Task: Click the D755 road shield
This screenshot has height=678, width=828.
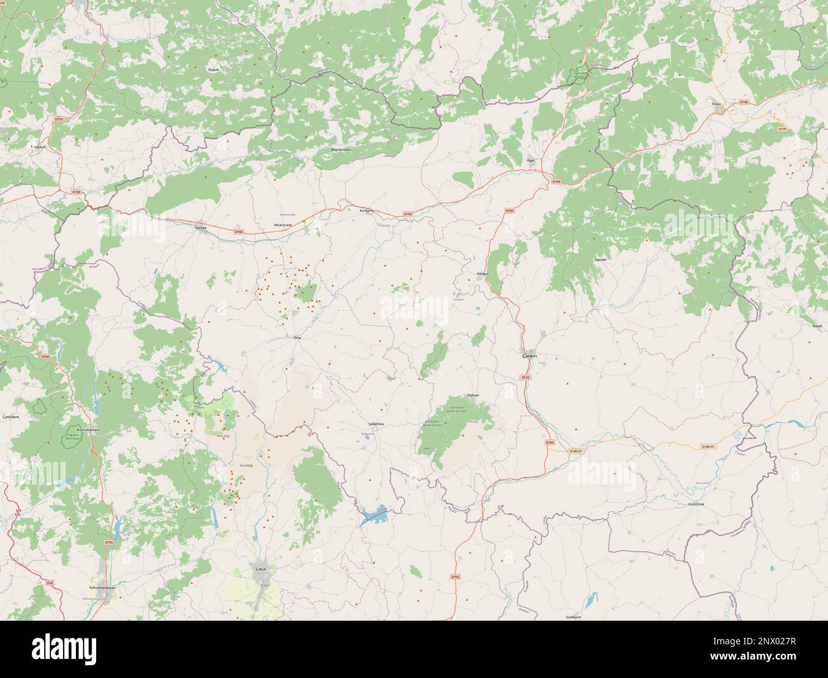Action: (59, 119)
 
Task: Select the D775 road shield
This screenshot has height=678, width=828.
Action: (782, 129)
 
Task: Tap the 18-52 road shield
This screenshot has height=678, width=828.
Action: (525, 378)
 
